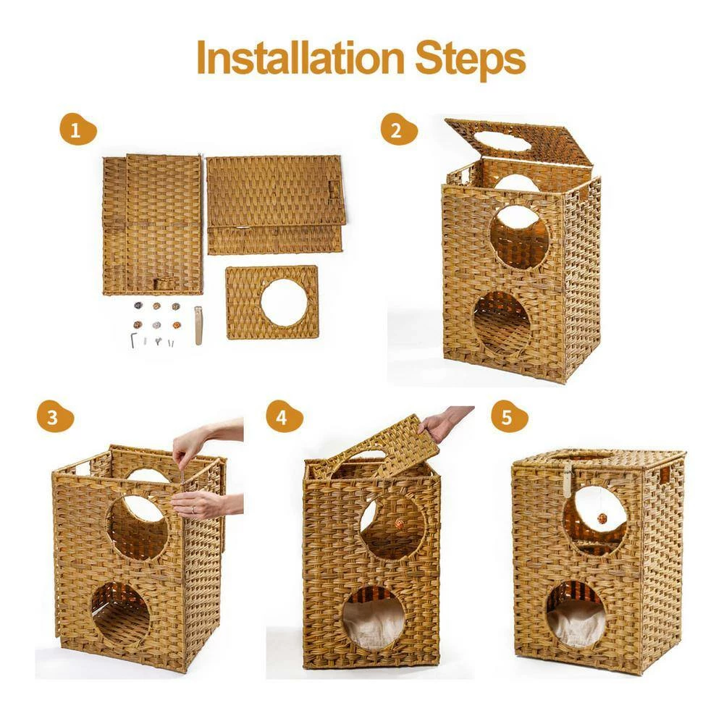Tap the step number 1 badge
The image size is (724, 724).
click(76, 131)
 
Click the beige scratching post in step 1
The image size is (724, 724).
click(198, 326)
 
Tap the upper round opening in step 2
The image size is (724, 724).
click(518, 236)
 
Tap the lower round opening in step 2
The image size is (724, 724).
click(502, 324)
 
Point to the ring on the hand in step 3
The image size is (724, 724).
click(193, 510)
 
